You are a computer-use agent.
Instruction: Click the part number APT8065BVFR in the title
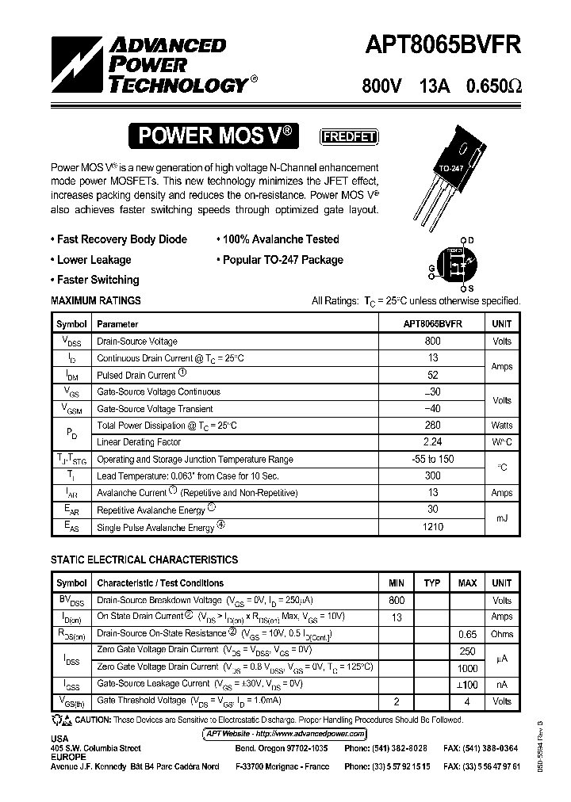pyautogui.click(x=443, y=45)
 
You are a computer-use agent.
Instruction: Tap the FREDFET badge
pyautogui.click(x=348, y=136)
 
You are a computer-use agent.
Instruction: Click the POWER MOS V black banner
pyautogui.click(x=217, y=136)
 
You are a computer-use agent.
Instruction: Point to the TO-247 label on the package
pyautogui.click(x=451, y=169)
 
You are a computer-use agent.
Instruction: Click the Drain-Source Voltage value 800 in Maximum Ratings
pyautogui.click(x=433, y=341)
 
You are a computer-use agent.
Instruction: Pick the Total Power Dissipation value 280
pyautogui.click(x=433, y=426)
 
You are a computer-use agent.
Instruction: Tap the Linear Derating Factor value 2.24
pyautogui.click(x=433, y=442)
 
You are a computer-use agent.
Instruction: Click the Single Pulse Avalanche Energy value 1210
pyautogui.click(x=433, y=527)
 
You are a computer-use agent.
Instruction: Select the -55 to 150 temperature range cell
pyautogui.click(x=433, y=460)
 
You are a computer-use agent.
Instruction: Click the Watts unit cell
pyautogui.click(x=501, y=426)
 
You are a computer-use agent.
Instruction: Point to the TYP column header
pyautogui.click(x=431, y=583)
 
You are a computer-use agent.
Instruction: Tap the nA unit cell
pyautogui.click(x=501, y=684)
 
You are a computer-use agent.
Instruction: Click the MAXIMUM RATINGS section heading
pyautogui.click(x=96, y=301)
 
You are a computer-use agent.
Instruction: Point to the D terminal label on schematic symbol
pyautogui.click(x=470, y=240)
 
